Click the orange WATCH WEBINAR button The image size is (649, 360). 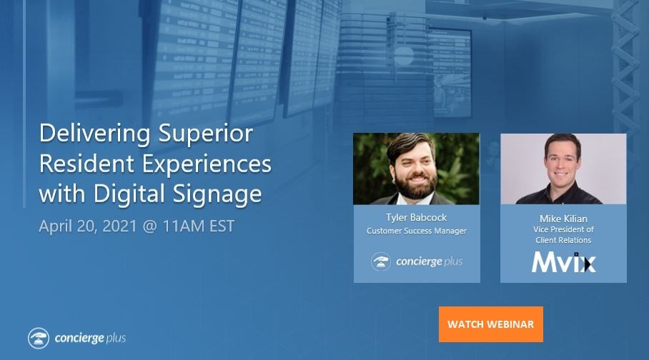[491, 324]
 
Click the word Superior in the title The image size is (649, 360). [205, 134]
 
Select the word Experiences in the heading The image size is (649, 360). [207, 164]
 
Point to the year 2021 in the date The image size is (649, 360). [119, 226]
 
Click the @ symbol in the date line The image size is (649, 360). [149, 226]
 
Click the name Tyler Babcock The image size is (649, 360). [417, 217]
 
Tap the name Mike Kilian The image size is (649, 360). [563, 219]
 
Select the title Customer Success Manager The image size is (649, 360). [417, 231]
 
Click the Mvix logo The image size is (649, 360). [564, 262]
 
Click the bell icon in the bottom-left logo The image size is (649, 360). [39, 338]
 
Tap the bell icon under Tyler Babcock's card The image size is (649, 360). [381, 261]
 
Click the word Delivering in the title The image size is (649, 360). [95, 134]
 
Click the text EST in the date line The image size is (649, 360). [222, 226]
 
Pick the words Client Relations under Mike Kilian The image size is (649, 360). [563, 240]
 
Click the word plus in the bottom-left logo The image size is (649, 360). [116, 339]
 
